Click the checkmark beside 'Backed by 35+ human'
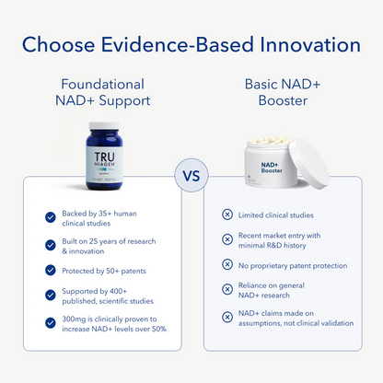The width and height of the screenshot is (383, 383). (51, 217)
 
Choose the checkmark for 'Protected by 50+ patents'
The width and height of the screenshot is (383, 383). (51, 271)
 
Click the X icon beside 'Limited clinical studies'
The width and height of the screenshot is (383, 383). (227, 215)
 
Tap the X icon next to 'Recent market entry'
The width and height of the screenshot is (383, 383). (227, 239)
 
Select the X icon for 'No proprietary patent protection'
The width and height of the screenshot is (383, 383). (227, 264)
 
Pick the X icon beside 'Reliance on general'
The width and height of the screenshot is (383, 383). (227, 289)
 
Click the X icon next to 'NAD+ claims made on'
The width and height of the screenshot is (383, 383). (227, 318)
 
